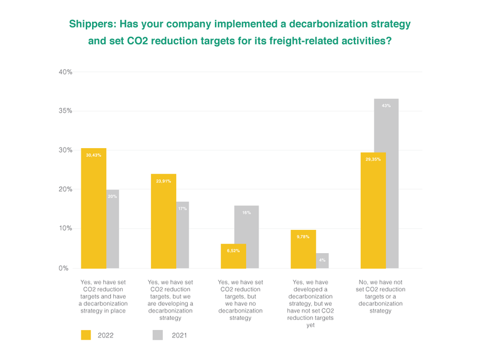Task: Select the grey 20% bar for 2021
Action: pos(113,229)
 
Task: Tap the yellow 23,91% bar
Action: pos(163,221)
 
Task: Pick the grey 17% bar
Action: pos(183,235)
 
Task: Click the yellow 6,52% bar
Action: pos(234,256)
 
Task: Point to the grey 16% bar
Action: pos(246,237)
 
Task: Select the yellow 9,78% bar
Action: pos(304,249)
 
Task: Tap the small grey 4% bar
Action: pos(323,261)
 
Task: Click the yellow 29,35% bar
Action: pos(373,210)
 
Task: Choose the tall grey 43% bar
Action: pos(386,183)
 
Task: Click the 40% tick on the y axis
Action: pos(66,72)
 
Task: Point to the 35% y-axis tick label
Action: pos(66,111)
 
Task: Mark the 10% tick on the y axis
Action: pos(66,229)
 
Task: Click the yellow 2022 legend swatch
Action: pos(86,335)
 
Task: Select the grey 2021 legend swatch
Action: pos(158,335)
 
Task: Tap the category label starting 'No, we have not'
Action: pos(380,296)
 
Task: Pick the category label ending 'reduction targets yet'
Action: pos(311,303)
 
